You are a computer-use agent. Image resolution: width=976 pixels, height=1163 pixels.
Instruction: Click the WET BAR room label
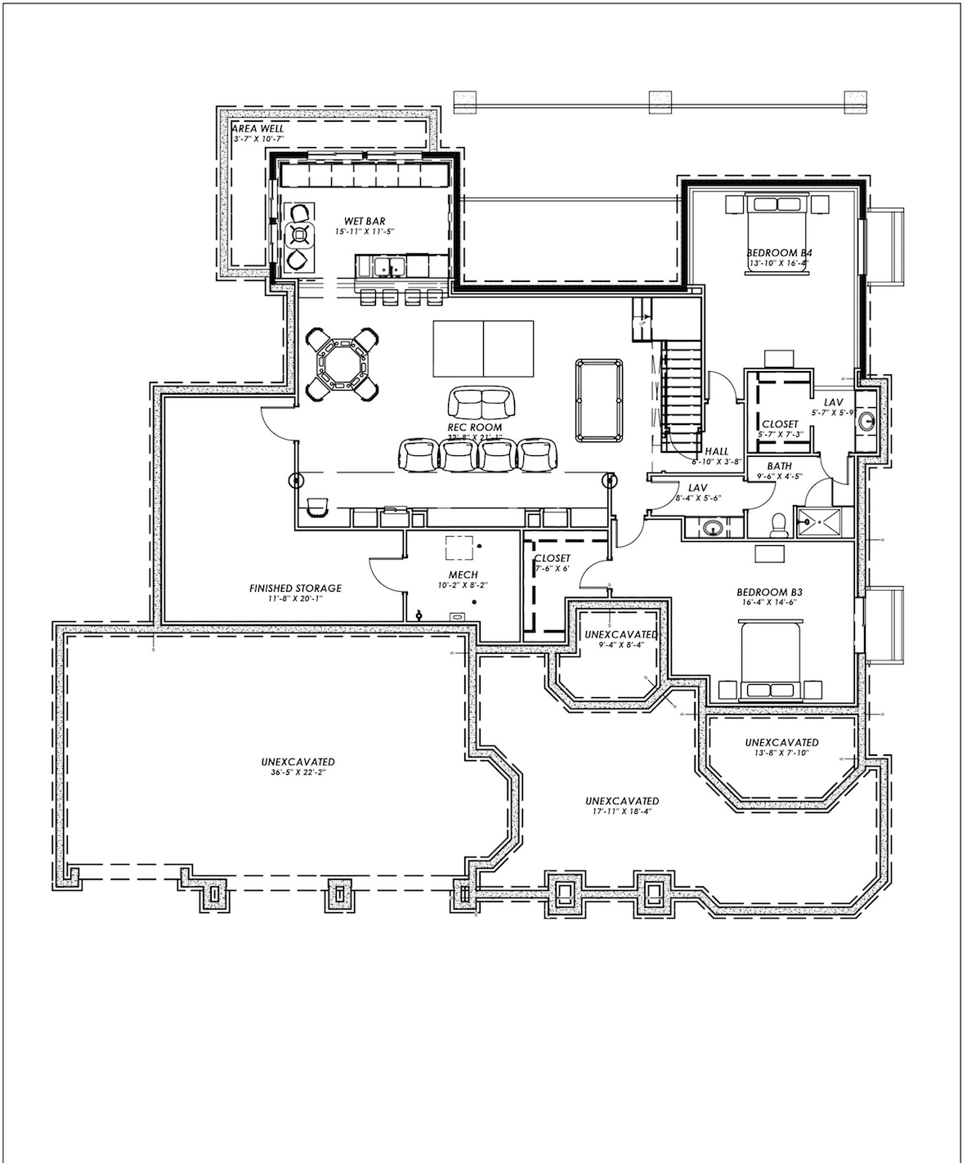[365, 221]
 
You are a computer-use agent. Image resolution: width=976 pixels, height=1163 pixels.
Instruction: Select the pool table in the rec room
[598, 399]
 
